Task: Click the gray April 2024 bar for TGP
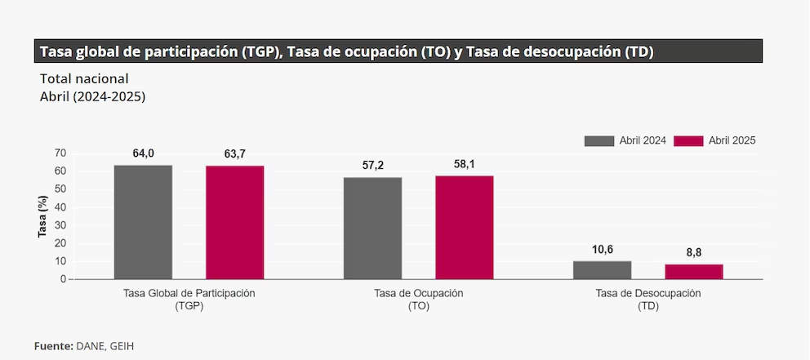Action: [x=143, y=222]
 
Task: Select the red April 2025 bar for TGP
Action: [x=234, y=222]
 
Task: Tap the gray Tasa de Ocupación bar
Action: [x=372, y=228]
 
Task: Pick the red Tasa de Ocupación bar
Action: [x=464, y=227]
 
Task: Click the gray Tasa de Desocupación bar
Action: [x=602, y=270]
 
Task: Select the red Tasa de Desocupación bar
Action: [x=693, y=272]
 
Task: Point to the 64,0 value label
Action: [x=144, y=153]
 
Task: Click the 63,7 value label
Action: [x=234, y=154]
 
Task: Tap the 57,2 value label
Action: [x=373, y=165]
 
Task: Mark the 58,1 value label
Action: [x=465, y=163]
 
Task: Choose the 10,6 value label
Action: [x=603, y=249]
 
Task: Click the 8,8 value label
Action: [x=694, y=252]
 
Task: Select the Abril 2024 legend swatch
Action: [x=599, y=140]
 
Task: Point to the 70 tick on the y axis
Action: [x=60, y=153]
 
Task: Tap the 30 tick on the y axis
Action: [x=60, y=225]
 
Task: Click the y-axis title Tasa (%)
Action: [x=42, y=217]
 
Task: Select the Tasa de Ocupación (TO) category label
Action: [x=418, y=299]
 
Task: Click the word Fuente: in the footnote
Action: [x=54, y=345]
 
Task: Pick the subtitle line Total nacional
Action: [x=84, y=79]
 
